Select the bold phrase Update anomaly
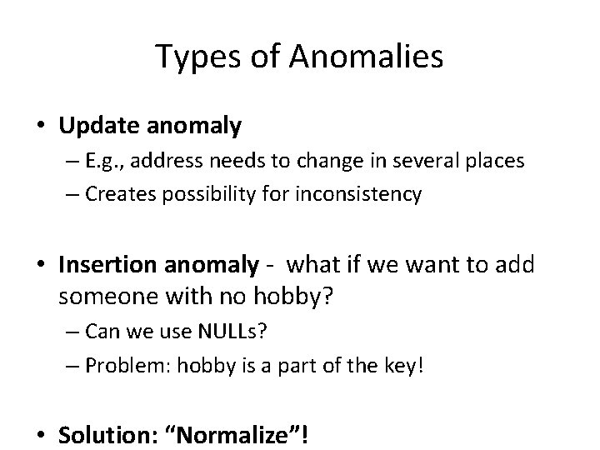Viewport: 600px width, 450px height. pos(151,127)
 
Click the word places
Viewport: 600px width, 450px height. pos(497,161)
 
